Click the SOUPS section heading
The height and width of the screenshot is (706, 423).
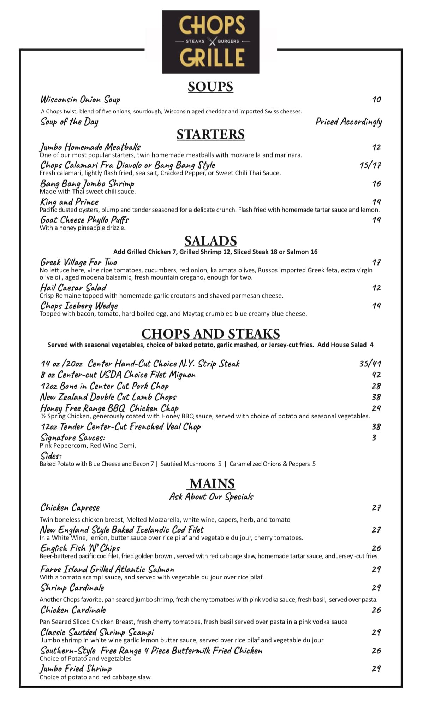click(210, 87)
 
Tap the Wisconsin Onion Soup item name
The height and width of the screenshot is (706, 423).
click(80, 99)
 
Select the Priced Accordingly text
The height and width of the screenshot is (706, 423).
click(348, 122)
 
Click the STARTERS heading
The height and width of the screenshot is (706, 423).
click(210, 134)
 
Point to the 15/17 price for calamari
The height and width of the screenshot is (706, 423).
click(370, 165)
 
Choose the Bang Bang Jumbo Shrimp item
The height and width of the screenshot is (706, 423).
click(87, 183)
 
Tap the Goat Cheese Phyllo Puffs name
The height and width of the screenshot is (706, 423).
click(84, 220)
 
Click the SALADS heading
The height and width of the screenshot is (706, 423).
click(210, 241)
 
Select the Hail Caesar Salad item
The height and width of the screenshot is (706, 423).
click(73, 287)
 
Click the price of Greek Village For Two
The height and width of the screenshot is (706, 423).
click(376, 262)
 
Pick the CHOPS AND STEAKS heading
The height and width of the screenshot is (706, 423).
click(210, 334)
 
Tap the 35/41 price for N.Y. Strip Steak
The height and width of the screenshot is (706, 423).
click(370, 364)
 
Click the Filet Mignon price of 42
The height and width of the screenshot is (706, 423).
click(376, 375)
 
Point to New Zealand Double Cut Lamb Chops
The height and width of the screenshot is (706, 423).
click(108, 397)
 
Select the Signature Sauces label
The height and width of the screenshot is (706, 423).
click(72, 437)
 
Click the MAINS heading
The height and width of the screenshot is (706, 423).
click(212, 483)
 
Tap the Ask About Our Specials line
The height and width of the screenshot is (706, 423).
click(211, 496)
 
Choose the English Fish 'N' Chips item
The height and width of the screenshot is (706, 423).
click(80, 548)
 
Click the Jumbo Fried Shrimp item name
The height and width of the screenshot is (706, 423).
click(76, 669)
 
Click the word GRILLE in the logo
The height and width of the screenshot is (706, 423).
click(212, 58)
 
